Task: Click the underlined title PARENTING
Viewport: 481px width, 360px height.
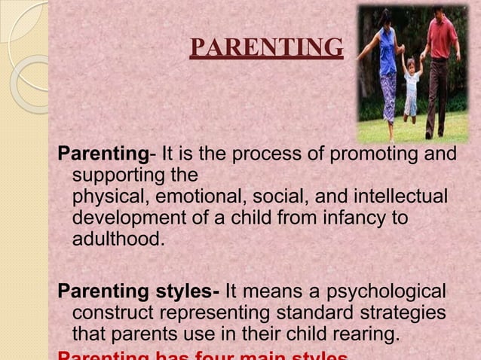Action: (x=266, y=48)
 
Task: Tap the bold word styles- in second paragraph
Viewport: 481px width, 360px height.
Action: (x=185, y=291)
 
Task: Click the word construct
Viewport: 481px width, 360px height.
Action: (x=110, y=312)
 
